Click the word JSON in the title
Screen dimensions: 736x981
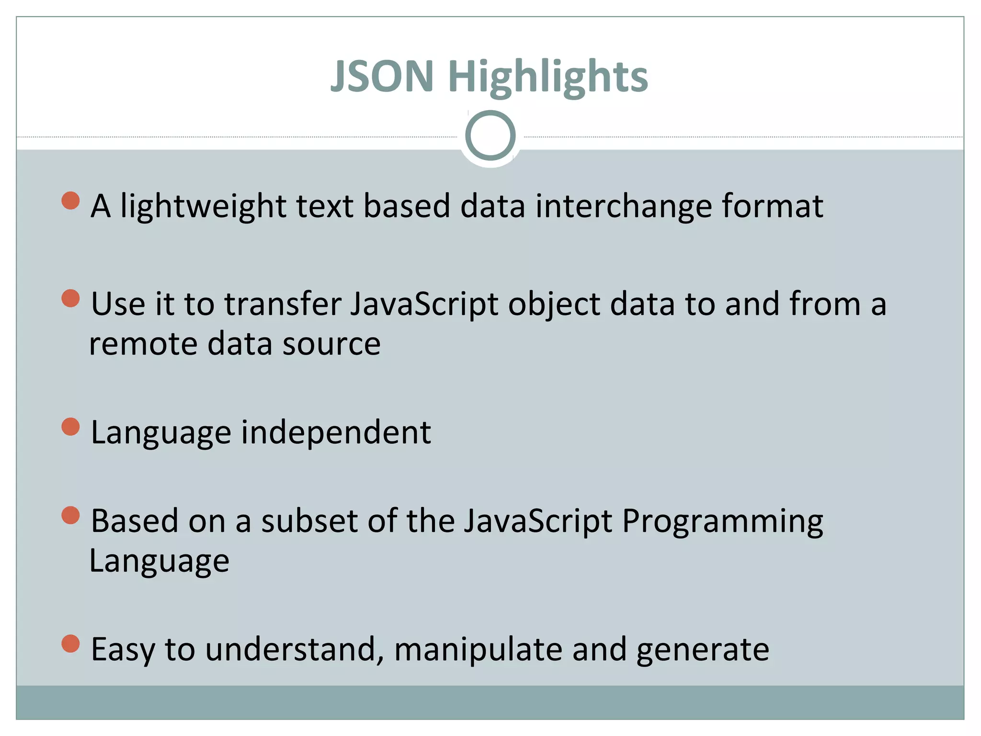tap(382, 76)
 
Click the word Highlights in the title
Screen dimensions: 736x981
tap(548, 78)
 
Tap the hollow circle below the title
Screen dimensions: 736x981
tap(490, 136)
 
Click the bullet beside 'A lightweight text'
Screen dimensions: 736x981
tap(71, 201)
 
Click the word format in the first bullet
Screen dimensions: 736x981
tap(772, 206)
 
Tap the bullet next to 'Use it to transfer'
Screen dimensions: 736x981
tap(71, 299)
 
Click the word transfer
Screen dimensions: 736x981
tap(283, 304)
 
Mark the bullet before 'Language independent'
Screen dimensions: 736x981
tap(71, 426)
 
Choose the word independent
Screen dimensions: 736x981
tap(336, 432)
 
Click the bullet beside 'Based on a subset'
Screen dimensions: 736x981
tap(71, 516)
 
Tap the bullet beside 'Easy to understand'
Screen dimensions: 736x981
tap(71, 644)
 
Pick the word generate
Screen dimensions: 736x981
tap(703, 651)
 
